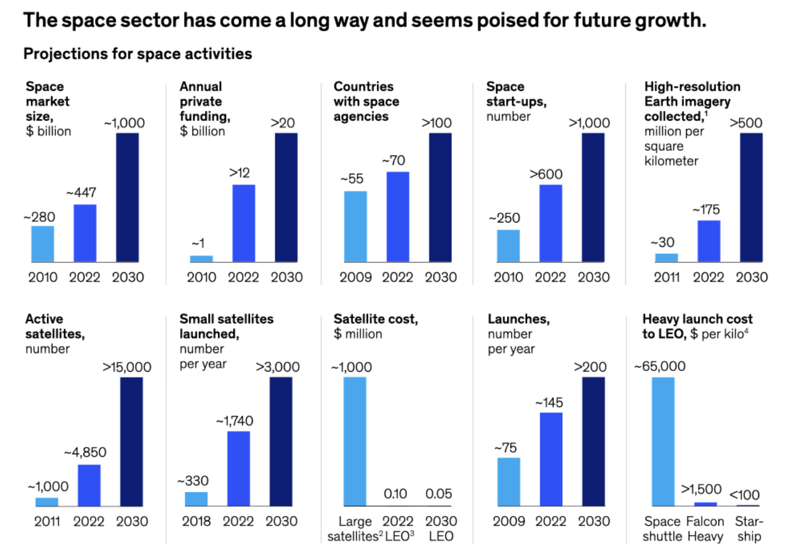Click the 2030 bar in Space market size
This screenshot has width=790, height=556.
[128, 197]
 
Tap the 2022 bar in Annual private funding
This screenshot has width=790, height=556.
[244, 223]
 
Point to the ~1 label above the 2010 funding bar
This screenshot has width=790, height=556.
[201, 244]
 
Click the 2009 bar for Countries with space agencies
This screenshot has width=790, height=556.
[355, 226]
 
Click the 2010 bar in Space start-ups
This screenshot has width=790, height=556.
[508, 246]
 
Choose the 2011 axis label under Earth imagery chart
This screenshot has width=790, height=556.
[666, 277]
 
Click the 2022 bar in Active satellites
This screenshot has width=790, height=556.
[89, 485]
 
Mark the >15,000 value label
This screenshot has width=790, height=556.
[131, 367]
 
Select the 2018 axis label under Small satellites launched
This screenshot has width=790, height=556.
[197, 521]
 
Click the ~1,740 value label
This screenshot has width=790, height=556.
[238, 422]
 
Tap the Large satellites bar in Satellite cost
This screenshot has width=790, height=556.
[355, 441]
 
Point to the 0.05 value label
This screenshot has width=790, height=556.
[439, 494]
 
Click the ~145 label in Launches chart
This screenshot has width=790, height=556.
[551, 403]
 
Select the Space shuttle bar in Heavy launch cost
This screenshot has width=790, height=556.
[663, 441]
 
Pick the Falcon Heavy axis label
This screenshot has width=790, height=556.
[705, 529]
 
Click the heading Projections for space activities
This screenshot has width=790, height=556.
[138, 54]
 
